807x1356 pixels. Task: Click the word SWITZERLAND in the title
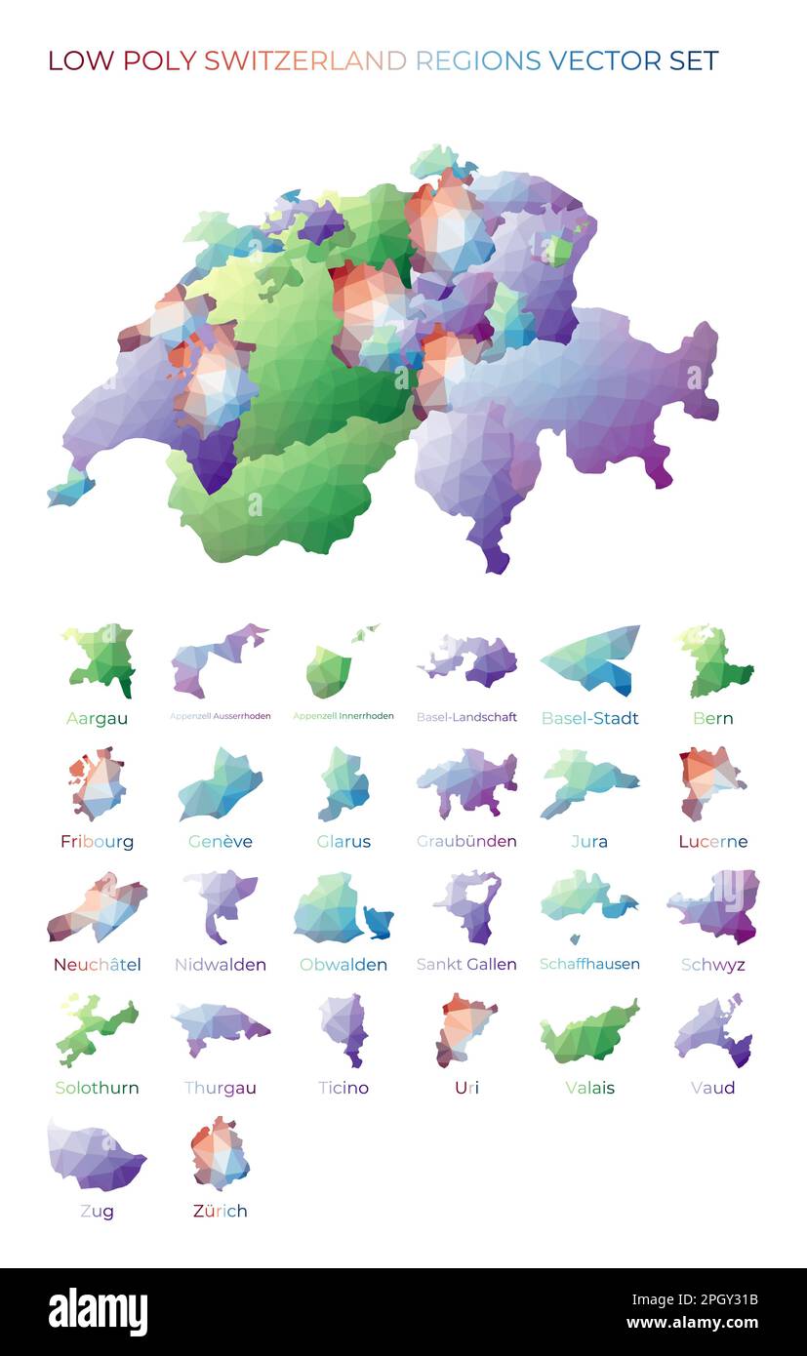304,60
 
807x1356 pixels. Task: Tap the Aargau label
97,719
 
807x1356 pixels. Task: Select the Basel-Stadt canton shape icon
591,658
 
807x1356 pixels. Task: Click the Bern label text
712,719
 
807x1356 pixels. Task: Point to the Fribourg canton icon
99,782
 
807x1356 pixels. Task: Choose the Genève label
221,842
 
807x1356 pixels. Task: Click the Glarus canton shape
343,782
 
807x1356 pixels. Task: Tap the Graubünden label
466,842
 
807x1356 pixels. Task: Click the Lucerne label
712,842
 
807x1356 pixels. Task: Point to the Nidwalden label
221,965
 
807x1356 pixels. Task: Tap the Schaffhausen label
589,965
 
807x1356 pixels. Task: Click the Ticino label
343,1088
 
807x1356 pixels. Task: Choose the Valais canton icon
590,1032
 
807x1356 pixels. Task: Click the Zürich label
221,1212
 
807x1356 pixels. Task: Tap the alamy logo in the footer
99,1312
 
